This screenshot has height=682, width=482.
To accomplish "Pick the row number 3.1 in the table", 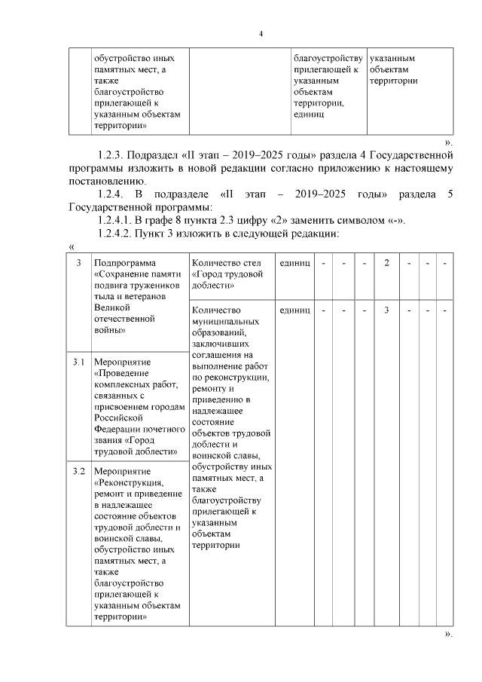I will [x=78, y=362].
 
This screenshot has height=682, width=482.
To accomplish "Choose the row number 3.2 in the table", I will [x=78, y=471].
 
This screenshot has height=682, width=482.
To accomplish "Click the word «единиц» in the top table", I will [x=308, y=115].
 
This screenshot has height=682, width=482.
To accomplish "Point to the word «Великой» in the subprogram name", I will [x=111, y=307].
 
